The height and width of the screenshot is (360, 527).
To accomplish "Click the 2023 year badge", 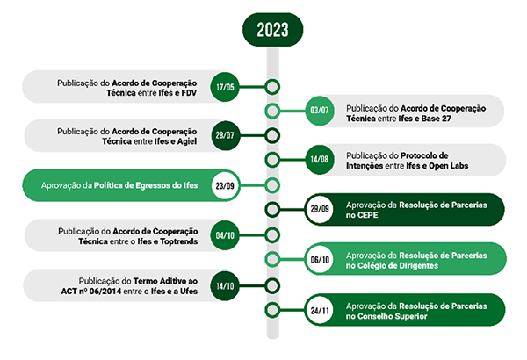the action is point(272,30).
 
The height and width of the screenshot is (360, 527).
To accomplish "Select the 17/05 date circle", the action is point(225,87).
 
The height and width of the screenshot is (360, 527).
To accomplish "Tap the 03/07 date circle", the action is point(320,111).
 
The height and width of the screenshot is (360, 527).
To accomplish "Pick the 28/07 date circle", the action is point(225,136).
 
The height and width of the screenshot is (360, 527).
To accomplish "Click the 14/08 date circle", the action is point(320,160).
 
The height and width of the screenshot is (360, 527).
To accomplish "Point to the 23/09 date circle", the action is point(225,185).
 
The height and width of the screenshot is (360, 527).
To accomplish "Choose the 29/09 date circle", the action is point(320,209).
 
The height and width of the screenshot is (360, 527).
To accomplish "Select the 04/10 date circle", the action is point(225,235).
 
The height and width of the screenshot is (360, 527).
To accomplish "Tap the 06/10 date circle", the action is point(320,259).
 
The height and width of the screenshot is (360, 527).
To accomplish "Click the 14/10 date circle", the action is point(225,285).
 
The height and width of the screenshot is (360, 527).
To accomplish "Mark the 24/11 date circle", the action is point(320,310).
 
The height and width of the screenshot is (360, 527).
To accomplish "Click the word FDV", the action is point(189,93).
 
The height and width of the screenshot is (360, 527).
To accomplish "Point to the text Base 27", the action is point(436,119).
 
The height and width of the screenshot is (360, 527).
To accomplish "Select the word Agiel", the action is point(187,141).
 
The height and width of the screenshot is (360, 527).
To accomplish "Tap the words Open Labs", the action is point(448,166).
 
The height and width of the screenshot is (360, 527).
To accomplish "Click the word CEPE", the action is point(367,215).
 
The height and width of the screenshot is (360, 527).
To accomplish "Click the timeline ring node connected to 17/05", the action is point(272,87).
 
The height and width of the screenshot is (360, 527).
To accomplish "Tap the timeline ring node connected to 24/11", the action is point(272,310).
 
